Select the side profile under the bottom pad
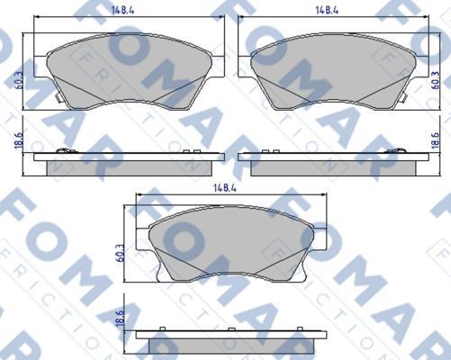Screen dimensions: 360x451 point(230,341)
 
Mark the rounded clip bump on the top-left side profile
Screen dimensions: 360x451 point(62,150)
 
